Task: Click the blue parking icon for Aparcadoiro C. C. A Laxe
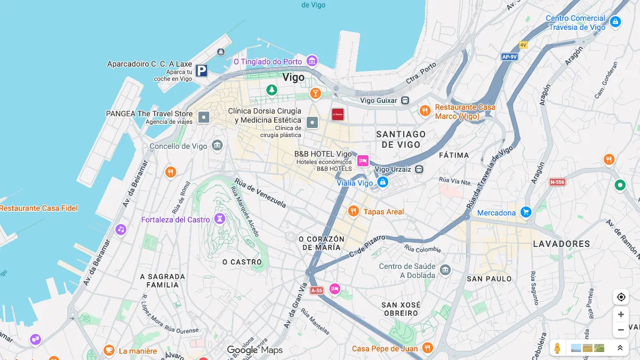tap(201, 70)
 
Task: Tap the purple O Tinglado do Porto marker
tap(312, 61)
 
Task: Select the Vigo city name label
tap(293, 77)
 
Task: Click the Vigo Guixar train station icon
tap(405, 100)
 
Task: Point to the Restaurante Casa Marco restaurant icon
tap(425, 111)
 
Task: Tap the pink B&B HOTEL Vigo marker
tap(363, 161)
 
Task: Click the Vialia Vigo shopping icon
tap(382, 182)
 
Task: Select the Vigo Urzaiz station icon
tap(419, 170)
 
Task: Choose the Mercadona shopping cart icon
tap(526, 212)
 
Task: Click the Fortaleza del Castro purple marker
tap(219, 219)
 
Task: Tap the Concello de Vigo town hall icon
tap(217, 146)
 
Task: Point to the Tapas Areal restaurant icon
tap(353, 212)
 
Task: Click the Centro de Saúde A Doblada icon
tap(445, 270)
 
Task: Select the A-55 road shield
tap(317, 291)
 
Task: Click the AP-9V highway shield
tap(509, 57)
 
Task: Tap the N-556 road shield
tap(557, 182)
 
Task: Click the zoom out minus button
tap(621, 330)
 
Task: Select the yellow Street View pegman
tap(557, 348)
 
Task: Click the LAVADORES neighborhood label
tap(562, 244)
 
